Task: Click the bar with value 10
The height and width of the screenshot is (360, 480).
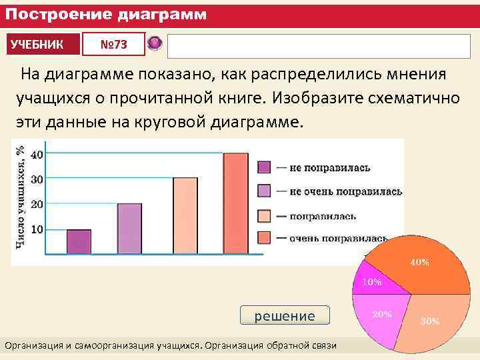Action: pos(79,241)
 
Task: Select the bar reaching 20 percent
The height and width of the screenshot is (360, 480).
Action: pos(129,229)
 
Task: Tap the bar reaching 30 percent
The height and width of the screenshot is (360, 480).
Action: pos(185,215)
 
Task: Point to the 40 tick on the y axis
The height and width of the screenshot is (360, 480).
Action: pos(37,154)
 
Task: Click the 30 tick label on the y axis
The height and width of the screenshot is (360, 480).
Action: pos(37,179)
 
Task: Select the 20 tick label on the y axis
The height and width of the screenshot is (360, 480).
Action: pos(37,204)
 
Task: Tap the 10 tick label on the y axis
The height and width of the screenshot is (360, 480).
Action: pos(37,229)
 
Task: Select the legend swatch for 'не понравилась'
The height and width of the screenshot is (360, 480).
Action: pos(264,167)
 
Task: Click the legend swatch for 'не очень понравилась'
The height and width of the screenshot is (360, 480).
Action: pos(264,192)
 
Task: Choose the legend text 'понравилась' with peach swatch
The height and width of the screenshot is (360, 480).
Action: pos(323,216)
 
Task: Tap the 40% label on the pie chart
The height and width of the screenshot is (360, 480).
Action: pos(419,263)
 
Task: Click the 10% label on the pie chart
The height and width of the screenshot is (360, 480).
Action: pos(371,282)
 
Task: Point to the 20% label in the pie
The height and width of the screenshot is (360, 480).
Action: pos(382,313)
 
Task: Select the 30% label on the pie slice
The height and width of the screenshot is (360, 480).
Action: pos(429,321)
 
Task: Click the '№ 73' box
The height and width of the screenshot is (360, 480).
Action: pos(113,45)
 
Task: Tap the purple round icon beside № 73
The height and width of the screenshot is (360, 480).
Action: pos(155,44)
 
